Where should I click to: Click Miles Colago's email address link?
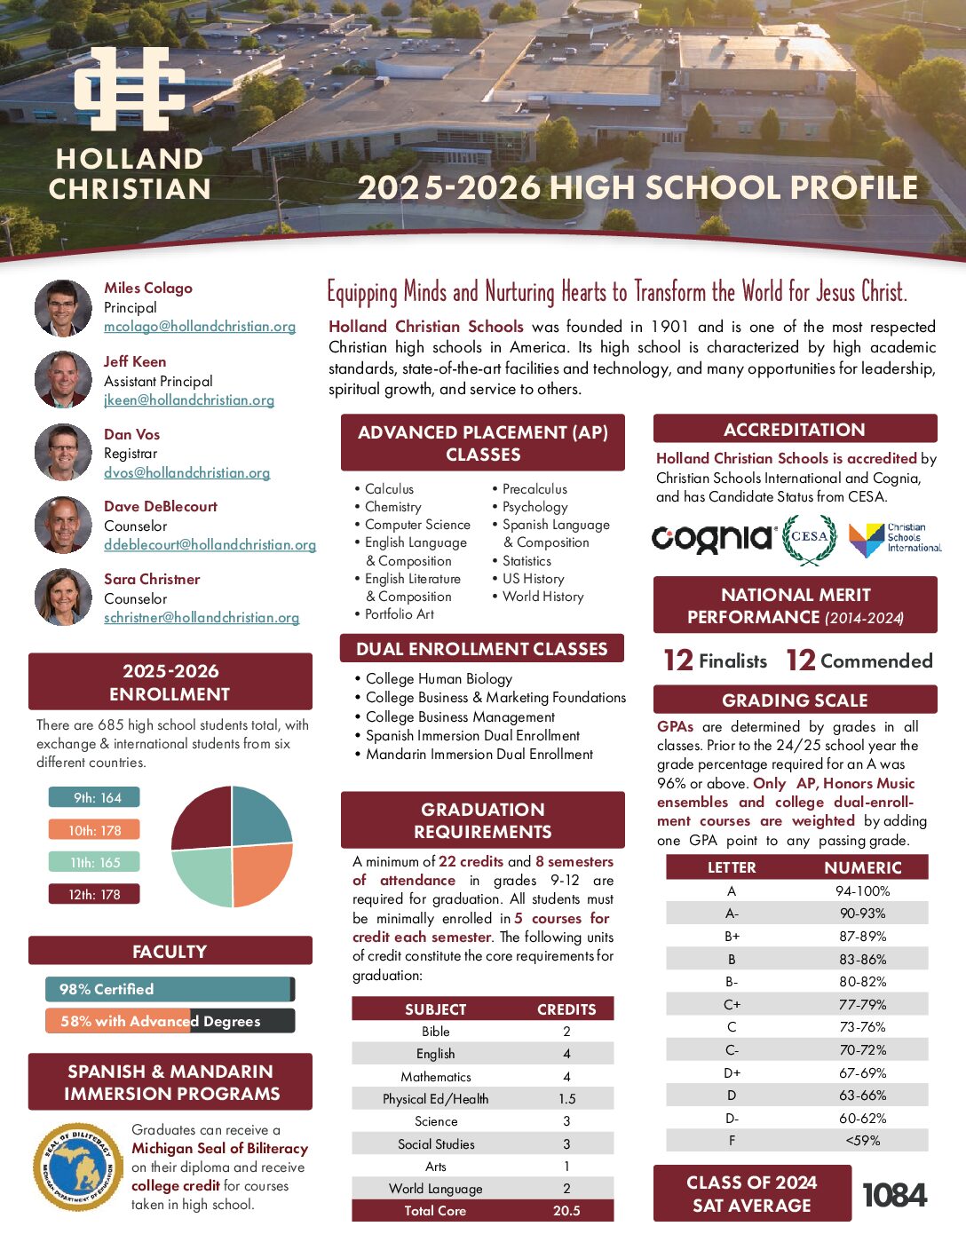[x=200, y=327]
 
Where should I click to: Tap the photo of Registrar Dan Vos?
[x=63, y=453]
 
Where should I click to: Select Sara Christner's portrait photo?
[x=63, y=597]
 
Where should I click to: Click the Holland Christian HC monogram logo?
[x=130, y=90]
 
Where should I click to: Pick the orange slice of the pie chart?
[x=259, y=873]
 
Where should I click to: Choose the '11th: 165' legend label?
[x=95, y=862]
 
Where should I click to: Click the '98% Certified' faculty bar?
[x=169, y=989]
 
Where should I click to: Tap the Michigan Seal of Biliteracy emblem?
[x=78, y=1167]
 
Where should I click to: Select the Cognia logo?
[x=713, y=538]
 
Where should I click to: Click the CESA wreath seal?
[x=809, y=538]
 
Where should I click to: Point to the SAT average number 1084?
[x=894, y=1195]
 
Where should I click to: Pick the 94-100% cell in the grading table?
[x=862, y=890]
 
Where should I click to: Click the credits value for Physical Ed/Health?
[x=566, y=1099]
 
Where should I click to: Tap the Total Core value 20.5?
[x=566, y=1211]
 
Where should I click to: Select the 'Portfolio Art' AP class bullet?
[x=399, y=614]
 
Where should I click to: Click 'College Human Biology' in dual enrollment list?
[x=439, y=679]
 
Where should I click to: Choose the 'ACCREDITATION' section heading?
[x=795, y=430]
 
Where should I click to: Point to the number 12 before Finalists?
[x=678, y=661]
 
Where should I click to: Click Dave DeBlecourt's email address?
[x=210, y=545]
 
